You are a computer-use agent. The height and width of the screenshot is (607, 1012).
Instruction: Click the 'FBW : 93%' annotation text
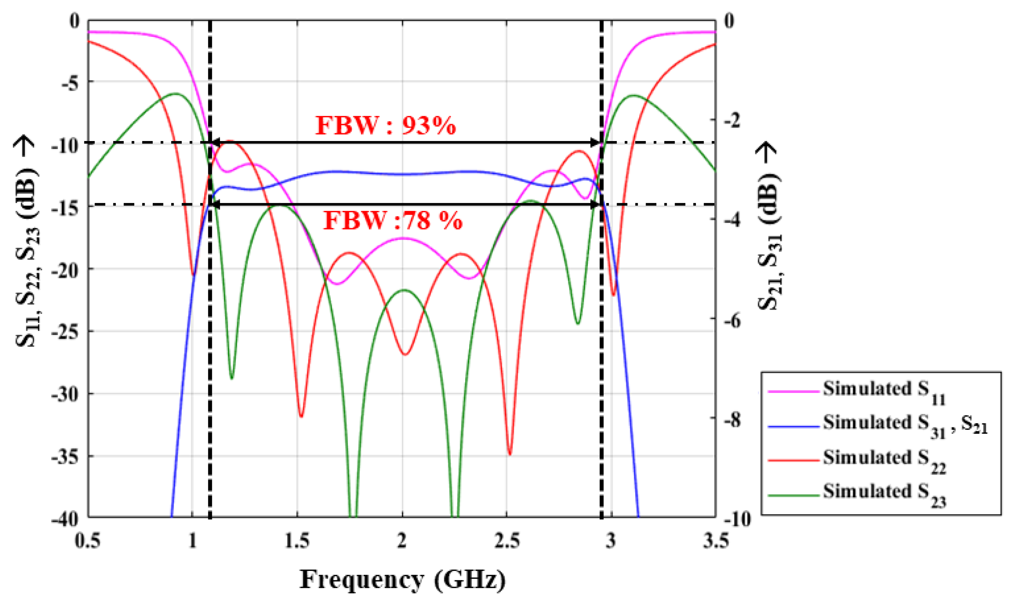pyautogui.click(x=385, y=125)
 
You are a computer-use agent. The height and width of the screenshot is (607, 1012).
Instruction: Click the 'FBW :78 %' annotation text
pyautogui.click(x=393, y=221)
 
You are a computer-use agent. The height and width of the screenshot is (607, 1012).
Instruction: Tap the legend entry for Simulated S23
pyautogui.click(x=883, y=494)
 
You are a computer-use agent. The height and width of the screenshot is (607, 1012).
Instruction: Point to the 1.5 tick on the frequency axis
pyautogui.click(x=297, y=541)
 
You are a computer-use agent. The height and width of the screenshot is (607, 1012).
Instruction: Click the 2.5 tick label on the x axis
pyautogui.click(x=507, y=541)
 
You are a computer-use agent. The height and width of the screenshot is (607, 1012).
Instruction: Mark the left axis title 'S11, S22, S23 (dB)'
pyautogui.click(x=27, y=241)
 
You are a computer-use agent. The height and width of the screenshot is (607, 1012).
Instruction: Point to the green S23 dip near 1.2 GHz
pyautogui.click(x=232, y=378)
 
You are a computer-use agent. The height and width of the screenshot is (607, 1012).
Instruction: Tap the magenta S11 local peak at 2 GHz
pyautogui.click(x=403, y=238)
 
